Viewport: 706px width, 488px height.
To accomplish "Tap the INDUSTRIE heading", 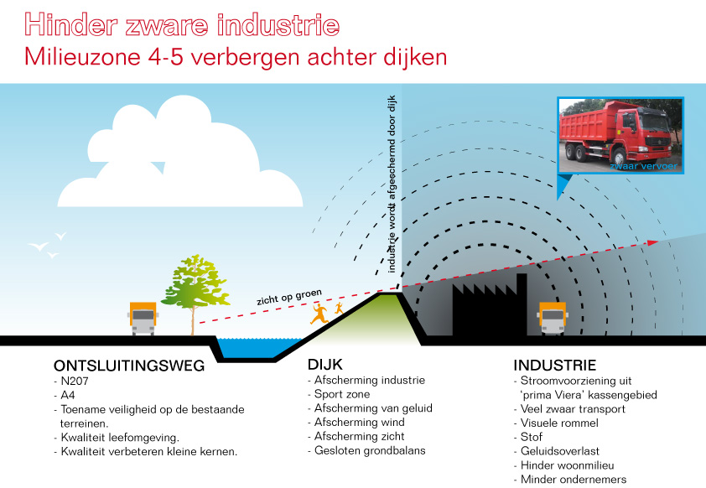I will (x=554, y=366).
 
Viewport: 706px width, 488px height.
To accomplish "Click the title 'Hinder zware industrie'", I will (x=182, y=25).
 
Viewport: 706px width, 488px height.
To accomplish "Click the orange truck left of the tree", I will (x=143, y=317).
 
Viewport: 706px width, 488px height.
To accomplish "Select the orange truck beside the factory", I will (x=552, y=317).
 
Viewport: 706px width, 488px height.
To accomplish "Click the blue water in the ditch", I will (x=252, y=345).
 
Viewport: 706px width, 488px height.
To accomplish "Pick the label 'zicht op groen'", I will (x=289, y=297).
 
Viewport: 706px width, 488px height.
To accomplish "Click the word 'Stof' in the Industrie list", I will (x=531, y=437).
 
